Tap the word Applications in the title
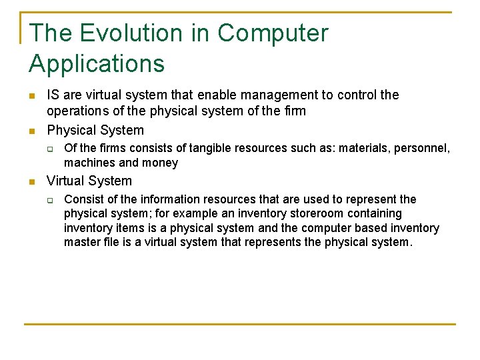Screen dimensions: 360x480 [97, 64]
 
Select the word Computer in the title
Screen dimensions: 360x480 [273, 33]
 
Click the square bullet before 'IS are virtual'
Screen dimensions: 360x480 [33, 96]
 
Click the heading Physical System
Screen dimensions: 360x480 [95, 130]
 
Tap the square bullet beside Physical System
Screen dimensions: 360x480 [33, 131]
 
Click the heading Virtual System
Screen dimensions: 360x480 [89, 181]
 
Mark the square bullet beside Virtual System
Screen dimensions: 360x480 [33, 181]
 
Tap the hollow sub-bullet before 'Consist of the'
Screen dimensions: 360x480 [49, 200]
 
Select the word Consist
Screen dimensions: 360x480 [83, 199]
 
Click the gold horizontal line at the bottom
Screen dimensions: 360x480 [239, 324]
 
